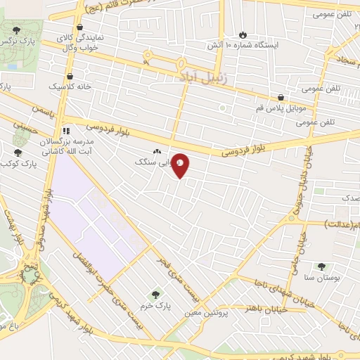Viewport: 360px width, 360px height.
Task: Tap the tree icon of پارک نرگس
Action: click(17, 29)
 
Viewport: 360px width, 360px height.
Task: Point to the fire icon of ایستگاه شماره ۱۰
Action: click(243, 34)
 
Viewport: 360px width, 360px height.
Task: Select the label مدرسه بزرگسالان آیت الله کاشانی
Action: click(64, 146)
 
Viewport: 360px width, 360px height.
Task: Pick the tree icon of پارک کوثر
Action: click(18, 153)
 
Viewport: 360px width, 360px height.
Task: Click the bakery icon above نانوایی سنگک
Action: click(156, 151)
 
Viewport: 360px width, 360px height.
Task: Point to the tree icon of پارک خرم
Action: click(155, 294)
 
